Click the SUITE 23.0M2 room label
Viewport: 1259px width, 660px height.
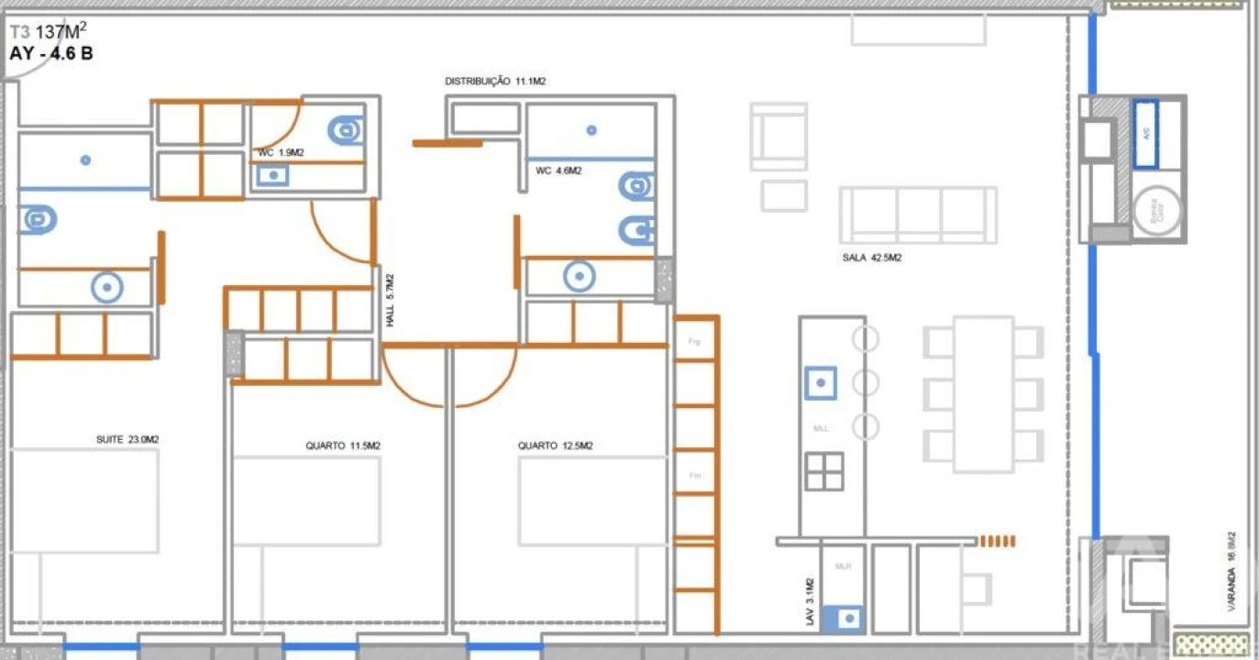click(x=127, y=439)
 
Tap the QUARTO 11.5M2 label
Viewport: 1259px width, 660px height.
click(x=343, y=445)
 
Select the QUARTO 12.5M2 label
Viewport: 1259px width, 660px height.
click(x=555, y=445)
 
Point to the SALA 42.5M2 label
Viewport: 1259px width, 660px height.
click(x=871, y=258)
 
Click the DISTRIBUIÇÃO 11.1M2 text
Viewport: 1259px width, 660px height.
click(x=495, y=82)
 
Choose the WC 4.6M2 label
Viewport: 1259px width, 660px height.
click(x=558, y=170)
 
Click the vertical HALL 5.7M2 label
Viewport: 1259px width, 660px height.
click(x=390, y=301)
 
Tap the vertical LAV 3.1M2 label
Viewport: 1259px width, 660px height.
click(x=810, y=602)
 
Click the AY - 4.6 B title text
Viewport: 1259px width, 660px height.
click(x=51, y=53)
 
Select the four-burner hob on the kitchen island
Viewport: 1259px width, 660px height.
click(x=824, y=471)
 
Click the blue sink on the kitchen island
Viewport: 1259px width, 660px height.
click(x=820, y=381)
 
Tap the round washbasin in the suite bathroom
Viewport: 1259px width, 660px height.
click(x=107, y=288)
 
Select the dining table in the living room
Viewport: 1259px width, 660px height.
click(x=983, y=394)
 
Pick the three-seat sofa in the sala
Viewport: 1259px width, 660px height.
click(x=918, y=214)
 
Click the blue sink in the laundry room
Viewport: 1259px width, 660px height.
click(x=843, y=619)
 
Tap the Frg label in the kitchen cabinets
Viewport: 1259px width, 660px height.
click(x=694, y=341)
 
